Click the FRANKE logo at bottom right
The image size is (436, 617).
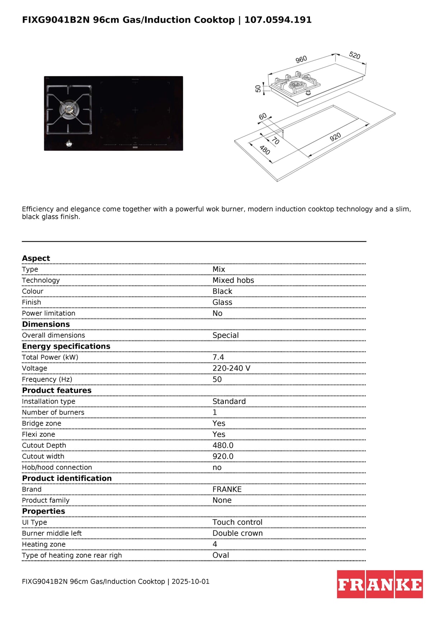[380, 584]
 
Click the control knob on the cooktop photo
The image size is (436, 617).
[69, 144]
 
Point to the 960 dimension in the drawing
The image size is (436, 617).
[301, 59]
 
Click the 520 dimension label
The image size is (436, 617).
[354, 55]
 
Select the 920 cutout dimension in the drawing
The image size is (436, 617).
[335, 137]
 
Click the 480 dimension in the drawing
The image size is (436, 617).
[265, 150]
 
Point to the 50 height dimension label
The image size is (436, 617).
[258, 89]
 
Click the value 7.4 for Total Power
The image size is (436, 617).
[218, 357]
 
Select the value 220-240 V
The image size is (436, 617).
[231, 368]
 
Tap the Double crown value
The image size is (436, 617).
[237, 533]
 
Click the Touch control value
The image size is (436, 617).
[237, 522]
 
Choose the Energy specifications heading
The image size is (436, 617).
[66, 346]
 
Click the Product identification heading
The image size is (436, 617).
[67, 478]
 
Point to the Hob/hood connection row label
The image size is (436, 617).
[57, 467]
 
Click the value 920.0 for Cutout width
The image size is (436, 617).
[223, 456]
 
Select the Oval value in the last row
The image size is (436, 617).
[221, 555]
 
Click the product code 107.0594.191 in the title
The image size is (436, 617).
[278, 20]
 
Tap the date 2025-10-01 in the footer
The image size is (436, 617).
[190, 581]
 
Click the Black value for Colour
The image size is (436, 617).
[222, 291]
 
